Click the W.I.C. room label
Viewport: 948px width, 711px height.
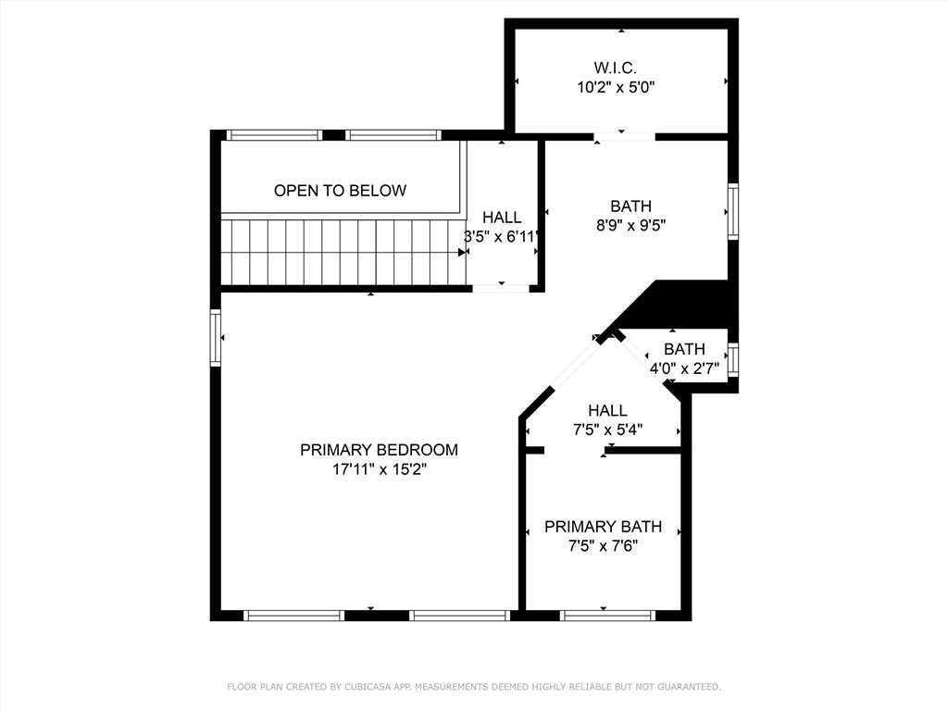click(x=616, y=68)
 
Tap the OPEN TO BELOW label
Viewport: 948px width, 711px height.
click(x=340, y=191)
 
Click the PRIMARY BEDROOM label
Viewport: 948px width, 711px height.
click(x=379, y=450)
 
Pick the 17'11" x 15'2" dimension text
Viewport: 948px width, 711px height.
click(x=379, y=470)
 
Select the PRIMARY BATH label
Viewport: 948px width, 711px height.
click(x=603, y=527)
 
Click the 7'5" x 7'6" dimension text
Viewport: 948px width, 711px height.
click(x=603, y=546)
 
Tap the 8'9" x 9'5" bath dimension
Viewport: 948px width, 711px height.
click(x=630, y=225)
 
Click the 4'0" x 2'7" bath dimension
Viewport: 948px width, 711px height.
click(x=684, y=368)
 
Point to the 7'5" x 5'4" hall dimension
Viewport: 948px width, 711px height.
click(x=607, y=430)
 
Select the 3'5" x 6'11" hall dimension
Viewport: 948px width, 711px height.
click(x=502, y=236)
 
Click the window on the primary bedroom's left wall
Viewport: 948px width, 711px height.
click(x=216, y=338)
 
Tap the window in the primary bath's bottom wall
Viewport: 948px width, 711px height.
click(x=607, y=615)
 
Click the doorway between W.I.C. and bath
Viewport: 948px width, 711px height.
click(x=624, y=138)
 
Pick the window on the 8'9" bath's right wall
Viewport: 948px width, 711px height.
click(x=733, y=212)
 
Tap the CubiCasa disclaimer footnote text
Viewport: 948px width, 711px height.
click(x=474, y=687)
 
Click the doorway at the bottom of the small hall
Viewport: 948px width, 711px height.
click(x=501, y=289)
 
